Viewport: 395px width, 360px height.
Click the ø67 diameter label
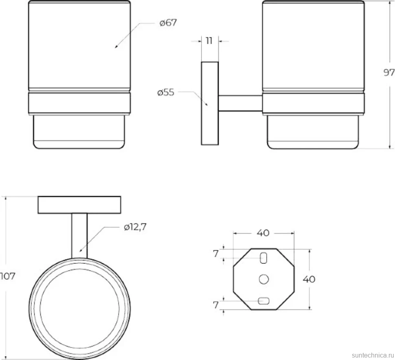coord(168,23)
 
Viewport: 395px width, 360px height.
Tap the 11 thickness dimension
coord(209,41)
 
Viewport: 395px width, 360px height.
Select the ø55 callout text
coord(166,92)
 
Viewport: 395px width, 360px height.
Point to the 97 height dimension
coord(389,73)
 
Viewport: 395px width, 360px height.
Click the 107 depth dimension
coord(8,276)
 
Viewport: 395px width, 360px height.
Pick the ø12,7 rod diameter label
coord(135,227)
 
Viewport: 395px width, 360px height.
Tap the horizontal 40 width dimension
coord(263,233)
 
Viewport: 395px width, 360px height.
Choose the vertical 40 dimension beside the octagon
coord(309,279)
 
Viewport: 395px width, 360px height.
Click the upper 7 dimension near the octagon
coord(216,254)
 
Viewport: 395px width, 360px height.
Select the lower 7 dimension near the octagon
coord(216,305)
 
